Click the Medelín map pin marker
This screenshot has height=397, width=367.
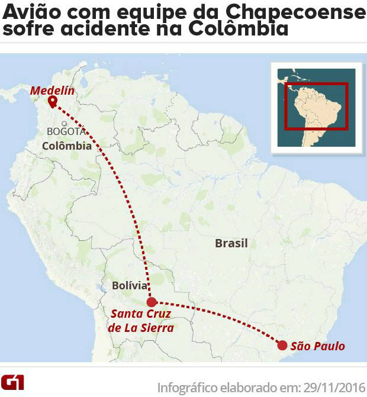[52, 101]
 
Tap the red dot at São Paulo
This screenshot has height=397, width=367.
[282, 346]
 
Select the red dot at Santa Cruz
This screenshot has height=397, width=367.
[152, 301]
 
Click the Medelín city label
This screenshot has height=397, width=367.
[52, 91]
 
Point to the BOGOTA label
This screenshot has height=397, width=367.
[66, 131]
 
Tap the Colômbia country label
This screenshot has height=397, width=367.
[67, 146]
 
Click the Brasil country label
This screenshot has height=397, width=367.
[231, 243]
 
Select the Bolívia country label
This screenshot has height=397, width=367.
[130, 286]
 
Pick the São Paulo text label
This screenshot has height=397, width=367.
[318, 346]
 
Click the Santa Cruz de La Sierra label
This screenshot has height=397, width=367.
[142, 320]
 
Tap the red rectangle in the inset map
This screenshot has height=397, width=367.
[316, 105]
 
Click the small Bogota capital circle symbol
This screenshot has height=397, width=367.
[63, 124]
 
